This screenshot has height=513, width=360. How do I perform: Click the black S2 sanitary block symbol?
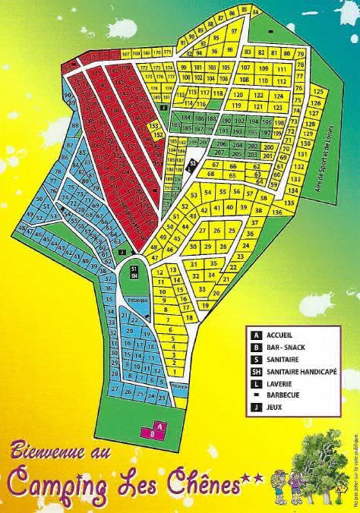click(x=193, y=163)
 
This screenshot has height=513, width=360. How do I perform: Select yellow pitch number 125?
click(x=317, y=92)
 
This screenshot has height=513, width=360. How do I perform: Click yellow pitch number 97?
click(x=234, y=31)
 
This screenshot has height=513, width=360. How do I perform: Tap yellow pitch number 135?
click(x=289, y=203)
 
